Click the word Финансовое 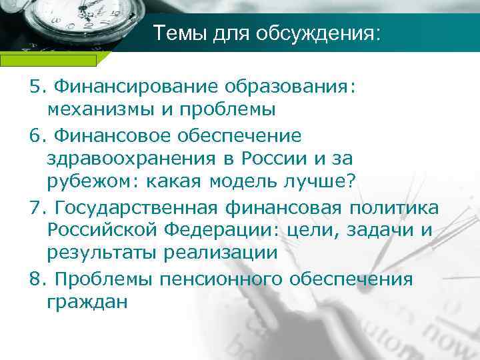coord(116,135)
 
